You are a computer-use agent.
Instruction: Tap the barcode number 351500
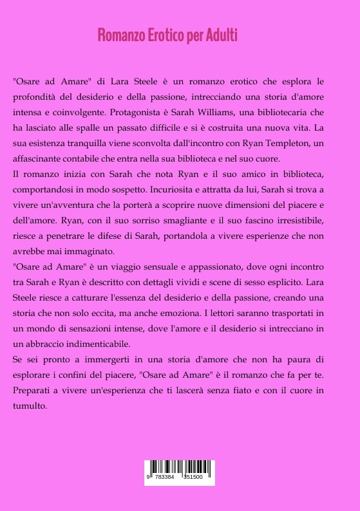[193, 478]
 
